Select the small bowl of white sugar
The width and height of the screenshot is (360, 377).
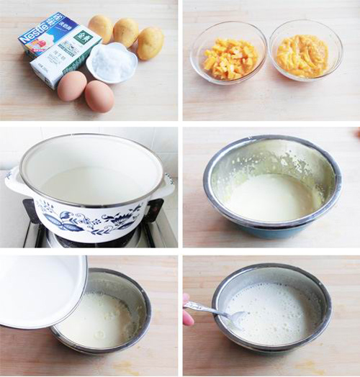point(112,62)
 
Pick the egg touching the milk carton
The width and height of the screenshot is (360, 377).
point(71,86)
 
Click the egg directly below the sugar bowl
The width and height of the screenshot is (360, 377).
point(99,96)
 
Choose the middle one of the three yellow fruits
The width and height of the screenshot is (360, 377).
point(126,32)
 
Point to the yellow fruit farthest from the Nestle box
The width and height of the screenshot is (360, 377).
point(150,42)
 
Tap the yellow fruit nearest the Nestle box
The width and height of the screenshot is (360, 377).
point(101,27)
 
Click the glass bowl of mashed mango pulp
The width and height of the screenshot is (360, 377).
point(305,52)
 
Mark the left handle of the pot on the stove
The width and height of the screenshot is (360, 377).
point(17,182)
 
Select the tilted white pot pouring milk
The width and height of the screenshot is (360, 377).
point(40,289)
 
